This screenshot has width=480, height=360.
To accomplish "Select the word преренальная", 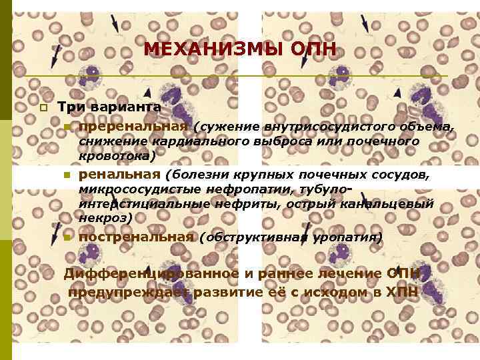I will coord(133,127).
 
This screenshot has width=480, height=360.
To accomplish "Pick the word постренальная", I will coord(136,237).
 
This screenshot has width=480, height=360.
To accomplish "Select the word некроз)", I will coord(105,217).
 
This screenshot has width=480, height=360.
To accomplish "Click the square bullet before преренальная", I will coord(67,127).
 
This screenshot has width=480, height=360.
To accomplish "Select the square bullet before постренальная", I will coord(67,237).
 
